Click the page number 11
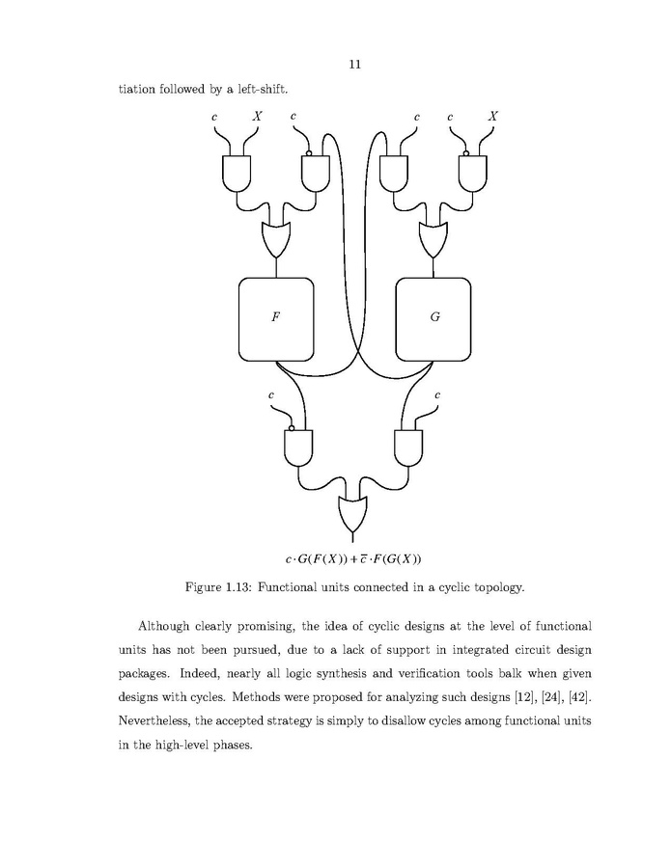(x=354, y=65)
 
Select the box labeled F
(x=275, y=317)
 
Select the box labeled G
(x=433, y=317)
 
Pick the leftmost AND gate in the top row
(x=237, y=172)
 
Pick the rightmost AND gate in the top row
(x=472, y=172)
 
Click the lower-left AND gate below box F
(x=298, y=447)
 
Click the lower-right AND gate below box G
(x=409, y=447)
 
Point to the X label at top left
(x=257, y=117)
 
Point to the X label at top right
(x=493, y=117)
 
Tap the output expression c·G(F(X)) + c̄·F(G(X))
(x=353, y=559)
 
